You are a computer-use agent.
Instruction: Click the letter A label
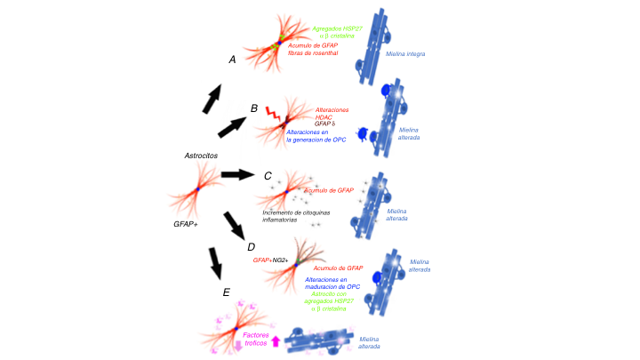[232, 60]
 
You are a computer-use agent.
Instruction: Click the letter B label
[253, 108]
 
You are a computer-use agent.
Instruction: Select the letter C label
[268, 175]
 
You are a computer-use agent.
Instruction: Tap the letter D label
[250, 246]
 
